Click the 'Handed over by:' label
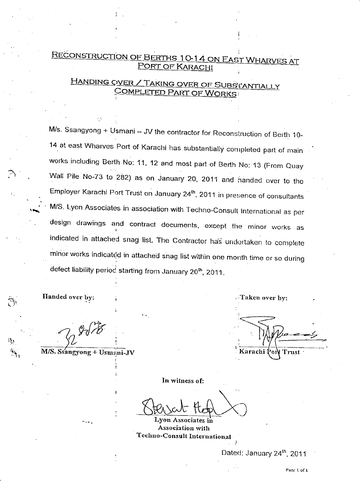pos(68,297)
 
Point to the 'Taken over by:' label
pos(264,298)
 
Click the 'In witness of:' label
pos(183,380)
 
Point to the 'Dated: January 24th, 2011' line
pos(264,453)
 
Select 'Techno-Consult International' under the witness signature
pos(183,436)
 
